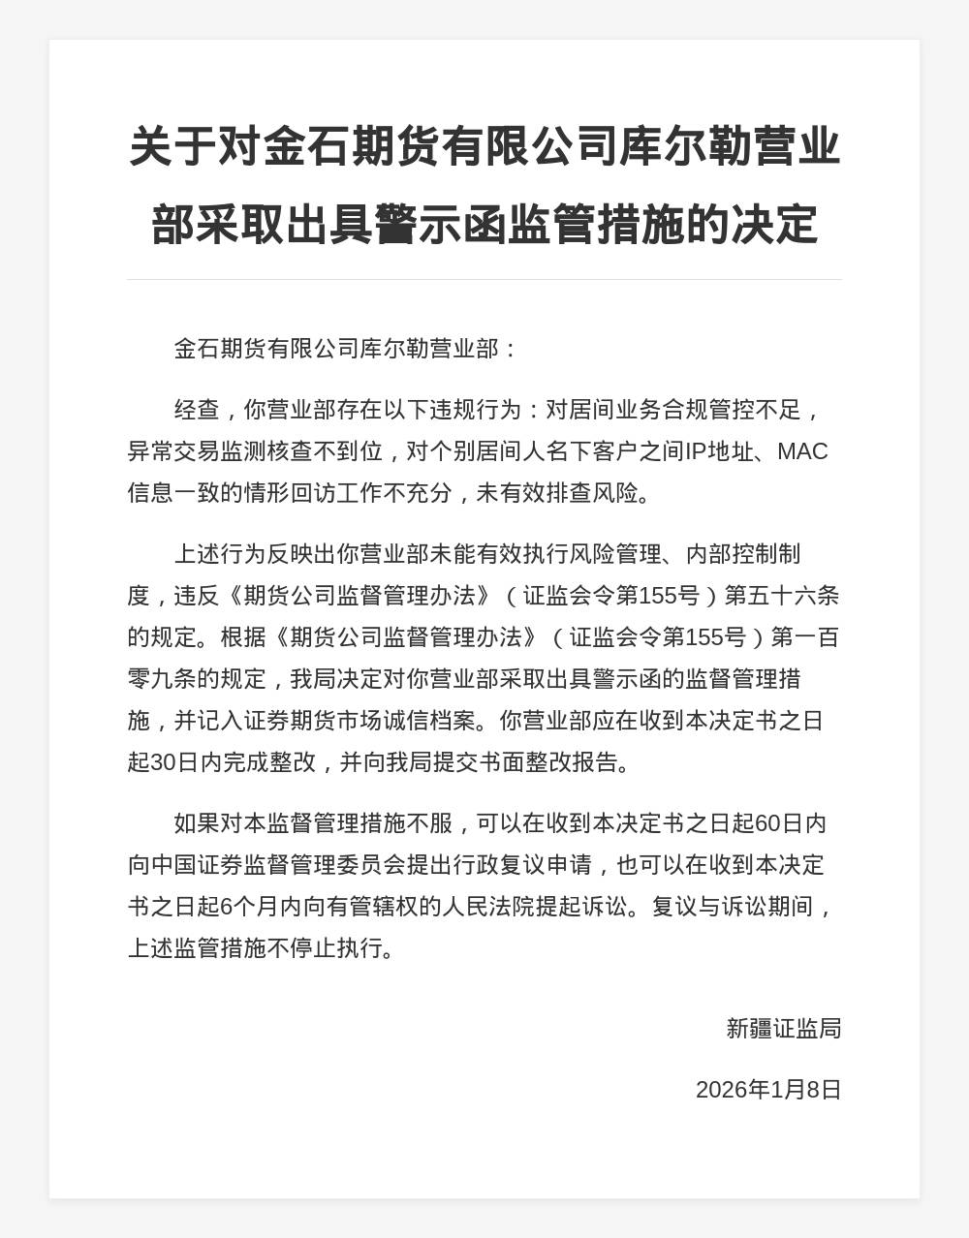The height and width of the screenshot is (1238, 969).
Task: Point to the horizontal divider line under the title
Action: click(484, 279)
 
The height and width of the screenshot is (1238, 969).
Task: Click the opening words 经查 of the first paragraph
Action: click(197, 410)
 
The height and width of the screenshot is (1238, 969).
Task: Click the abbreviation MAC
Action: click(802, 451)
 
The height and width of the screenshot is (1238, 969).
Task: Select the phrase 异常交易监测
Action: click(197, 451)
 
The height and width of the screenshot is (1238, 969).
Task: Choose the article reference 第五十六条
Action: click(782, 596)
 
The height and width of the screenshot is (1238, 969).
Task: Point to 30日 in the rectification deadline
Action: click(174, 762)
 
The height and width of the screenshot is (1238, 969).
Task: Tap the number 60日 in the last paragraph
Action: click(780, 823)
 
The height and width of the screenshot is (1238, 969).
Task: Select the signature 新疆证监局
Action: click(783, 1028)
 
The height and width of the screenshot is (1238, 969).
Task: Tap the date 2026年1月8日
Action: click(768, 1090)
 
